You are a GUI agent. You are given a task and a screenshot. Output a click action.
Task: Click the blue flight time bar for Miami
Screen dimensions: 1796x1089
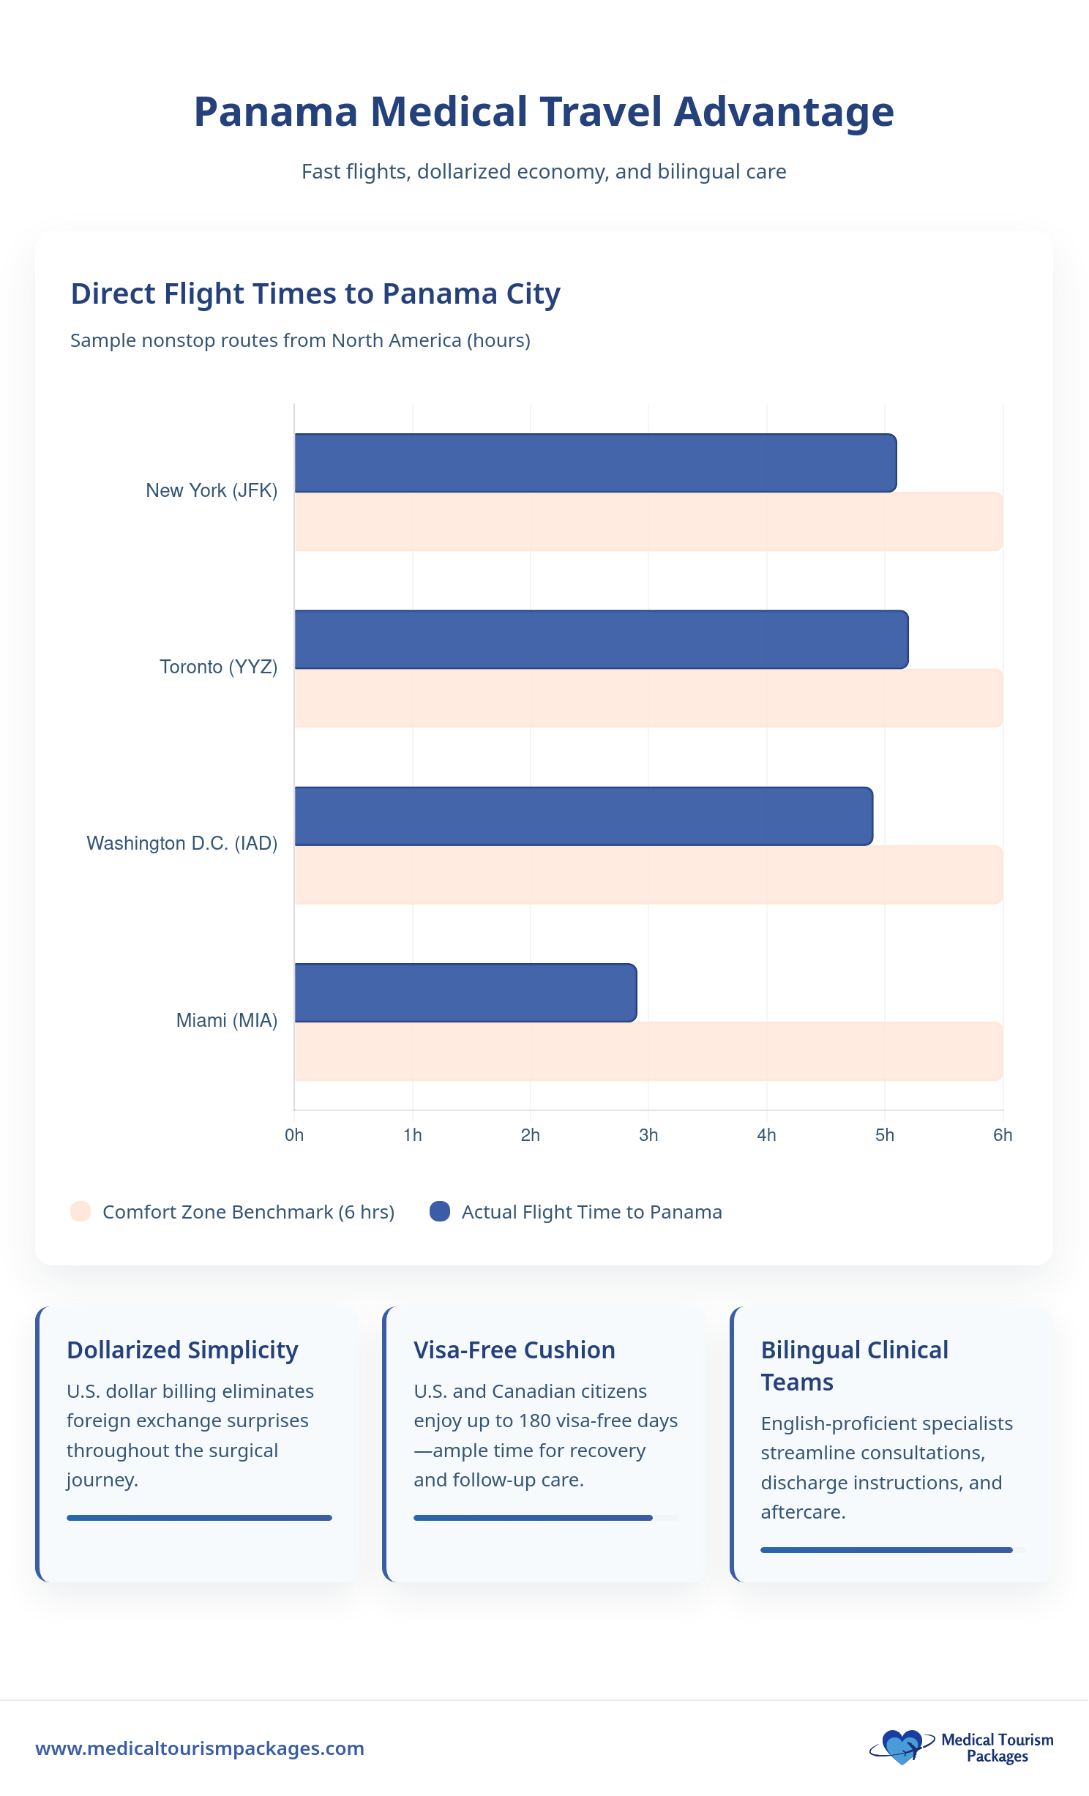[x=465, y=992]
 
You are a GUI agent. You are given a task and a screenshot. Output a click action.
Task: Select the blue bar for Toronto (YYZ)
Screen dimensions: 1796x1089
[x=600, y=640]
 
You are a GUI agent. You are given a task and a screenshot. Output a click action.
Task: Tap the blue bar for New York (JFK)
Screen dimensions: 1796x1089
[x=594, y=463]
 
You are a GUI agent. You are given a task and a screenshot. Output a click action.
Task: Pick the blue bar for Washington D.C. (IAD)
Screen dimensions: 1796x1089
[x=583, y=816]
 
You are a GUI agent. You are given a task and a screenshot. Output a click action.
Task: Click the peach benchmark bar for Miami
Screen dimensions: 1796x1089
[x=648, y=1052]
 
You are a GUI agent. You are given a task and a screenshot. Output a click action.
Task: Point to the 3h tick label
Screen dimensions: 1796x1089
[x=648, y=1135]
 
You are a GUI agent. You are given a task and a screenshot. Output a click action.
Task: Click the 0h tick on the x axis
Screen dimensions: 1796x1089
[x=294, y=1135]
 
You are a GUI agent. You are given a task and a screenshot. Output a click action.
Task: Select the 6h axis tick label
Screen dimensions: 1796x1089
[x=1002, y=1135]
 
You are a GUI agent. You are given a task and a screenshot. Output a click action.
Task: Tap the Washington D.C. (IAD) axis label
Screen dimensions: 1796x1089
[x=181, y=843]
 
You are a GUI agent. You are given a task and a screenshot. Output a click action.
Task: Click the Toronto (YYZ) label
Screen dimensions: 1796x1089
[x=218, y=667]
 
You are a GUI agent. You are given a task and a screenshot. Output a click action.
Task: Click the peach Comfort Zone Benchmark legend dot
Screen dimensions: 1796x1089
[x=81, y=1211]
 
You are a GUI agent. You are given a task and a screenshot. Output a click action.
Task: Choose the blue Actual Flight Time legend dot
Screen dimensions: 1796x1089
[x=439, y=1211]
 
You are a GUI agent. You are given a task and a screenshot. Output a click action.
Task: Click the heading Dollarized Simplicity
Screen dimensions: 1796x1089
[x=182, y=1350]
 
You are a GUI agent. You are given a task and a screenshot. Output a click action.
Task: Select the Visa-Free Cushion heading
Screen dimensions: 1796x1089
[x=514, y=1350]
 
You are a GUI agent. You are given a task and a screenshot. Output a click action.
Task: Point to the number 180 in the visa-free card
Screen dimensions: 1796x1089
[x=534, y=1421]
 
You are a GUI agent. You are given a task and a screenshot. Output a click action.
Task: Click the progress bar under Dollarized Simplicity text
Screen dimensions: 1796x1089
[x=199, y=1518]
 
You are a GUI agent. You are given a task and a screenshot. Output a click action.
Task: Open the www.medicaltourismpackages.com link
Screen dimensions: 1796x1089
[x=200, y=1748]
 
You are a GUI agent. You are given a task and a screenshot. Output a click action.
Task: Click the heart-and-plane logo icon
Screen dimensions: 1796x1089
[x=902, y=1747]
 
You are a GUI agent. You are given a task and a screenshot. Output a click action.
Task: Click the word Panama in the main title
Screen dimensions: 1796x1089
[x=275, y=112]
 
